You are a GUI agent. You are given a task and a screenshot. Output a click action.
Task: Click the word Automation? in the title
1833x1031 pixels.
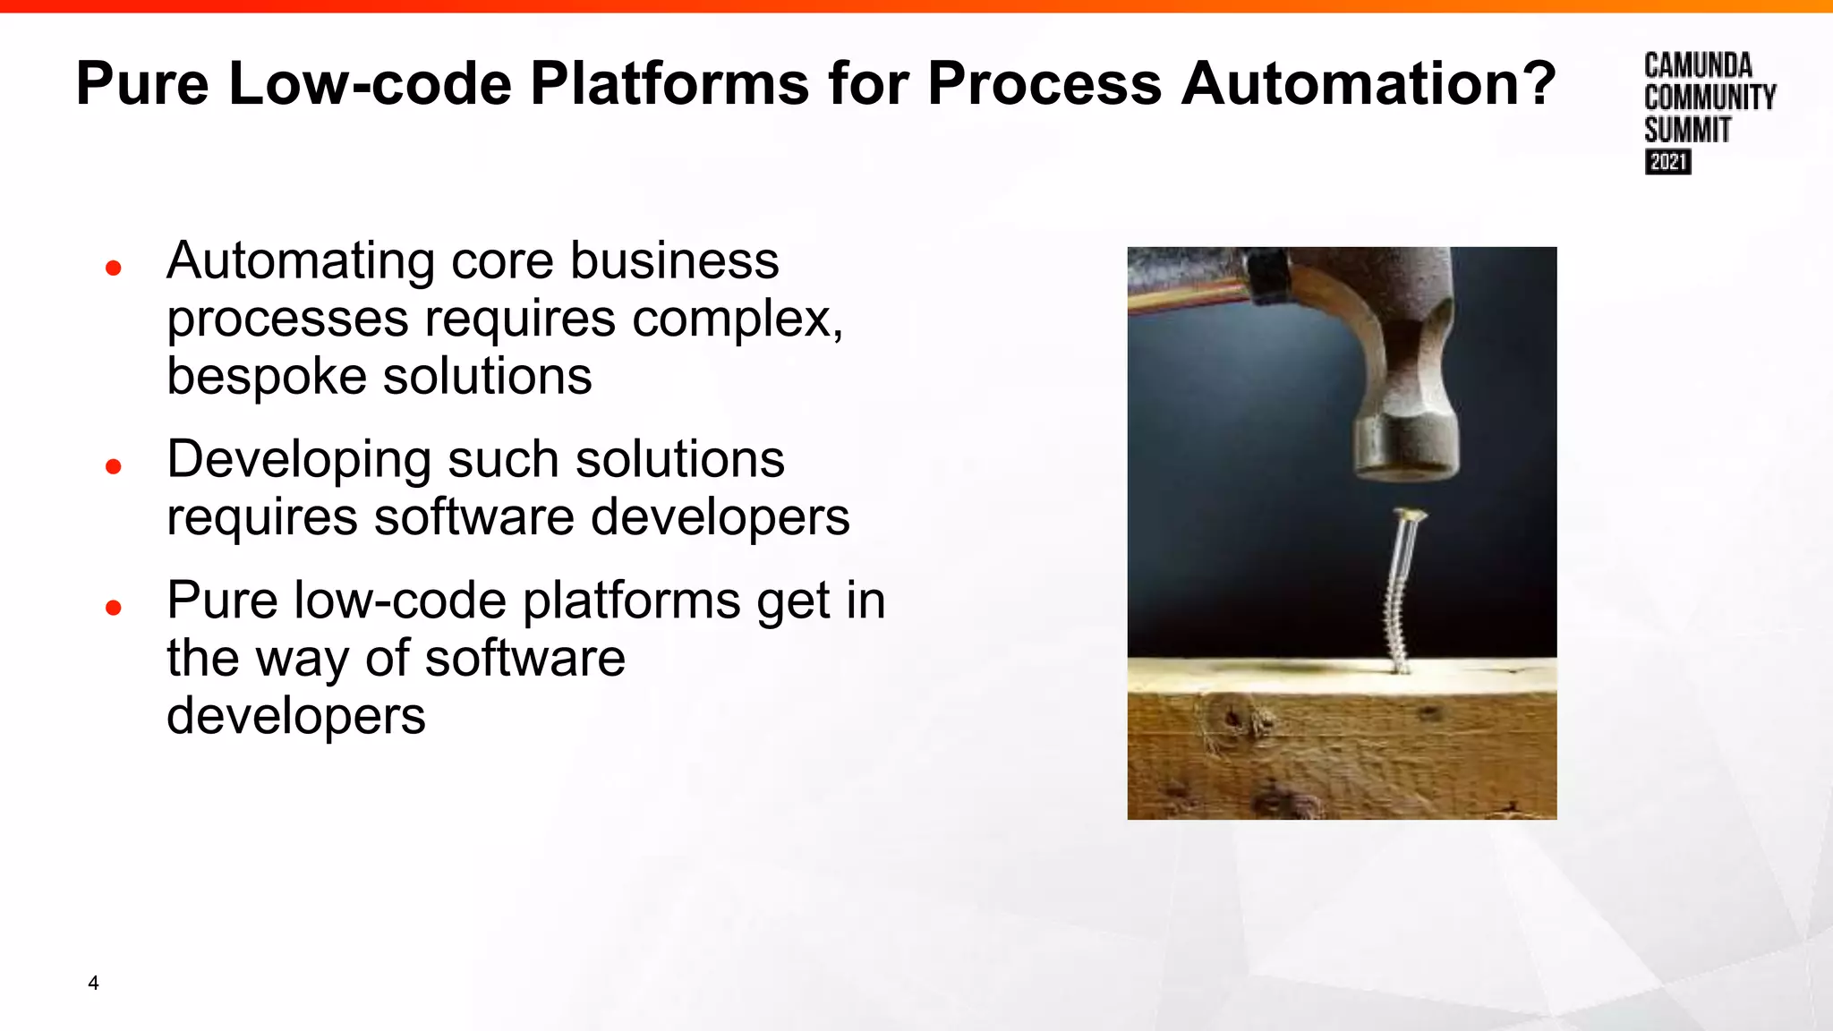(x=1368, y=83)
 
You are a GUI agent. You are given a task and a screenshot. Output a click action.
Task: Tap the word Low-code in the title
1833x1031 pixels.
(x=370, y=83)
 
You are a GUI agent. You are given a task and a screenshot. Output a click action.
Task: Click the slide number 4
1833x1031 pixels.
(x=93, y=983)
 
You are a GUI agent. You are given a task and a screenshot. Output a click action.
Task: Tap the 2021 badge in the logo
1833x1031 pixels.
(x=1667, y=162)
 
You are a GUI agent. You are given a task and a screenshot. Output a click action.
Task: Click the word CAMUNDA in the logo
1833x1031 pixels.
(x=1697, y=65)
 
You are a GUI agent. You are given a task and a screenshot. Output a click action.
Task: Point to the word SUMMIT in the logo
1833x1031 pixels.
(x=1687, y=131)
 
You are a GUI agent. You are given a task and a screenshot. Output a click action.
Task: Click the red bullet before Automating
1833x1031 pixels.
(x=113, y=268)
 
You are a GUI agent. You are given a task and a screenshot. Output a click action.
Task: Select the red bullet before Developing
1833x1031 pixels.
(x=113, y=466)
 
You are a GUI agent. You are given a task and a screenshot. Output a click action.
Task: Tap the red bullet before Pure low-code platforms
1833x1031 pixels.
(x=113, y=608)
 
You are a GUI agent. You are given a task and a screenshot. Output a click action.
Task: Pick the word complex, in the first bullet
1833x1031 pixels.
(x=737, y=319)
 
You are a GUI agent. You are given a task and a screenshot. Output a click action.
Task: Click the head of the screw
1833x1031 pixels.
(x=1409, y=515)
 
